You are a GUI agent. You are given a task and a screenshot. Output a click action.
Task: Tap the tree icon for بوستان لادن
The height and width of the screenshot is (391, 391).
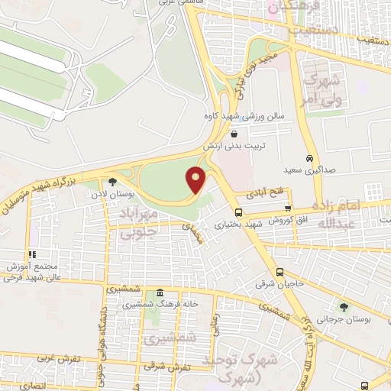(x=113, y=182)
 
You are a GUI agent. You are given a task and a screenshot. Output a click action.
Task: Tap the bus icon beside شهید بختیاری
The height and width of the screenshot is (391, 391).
(x=239, y=213)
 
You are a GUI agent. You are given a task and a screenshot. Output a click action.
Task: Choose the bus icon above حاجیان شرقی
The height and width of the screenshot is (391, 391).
(x=280, y=272)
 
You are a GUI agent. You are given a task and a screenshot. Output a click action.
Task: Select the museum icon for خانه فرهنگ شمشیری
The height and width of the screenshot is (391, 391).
(x=159, y=294)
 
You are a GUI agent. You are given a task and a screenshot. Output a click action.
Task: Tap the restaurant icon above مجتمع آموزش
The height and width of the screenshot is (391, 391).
(x=32, y=254)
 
